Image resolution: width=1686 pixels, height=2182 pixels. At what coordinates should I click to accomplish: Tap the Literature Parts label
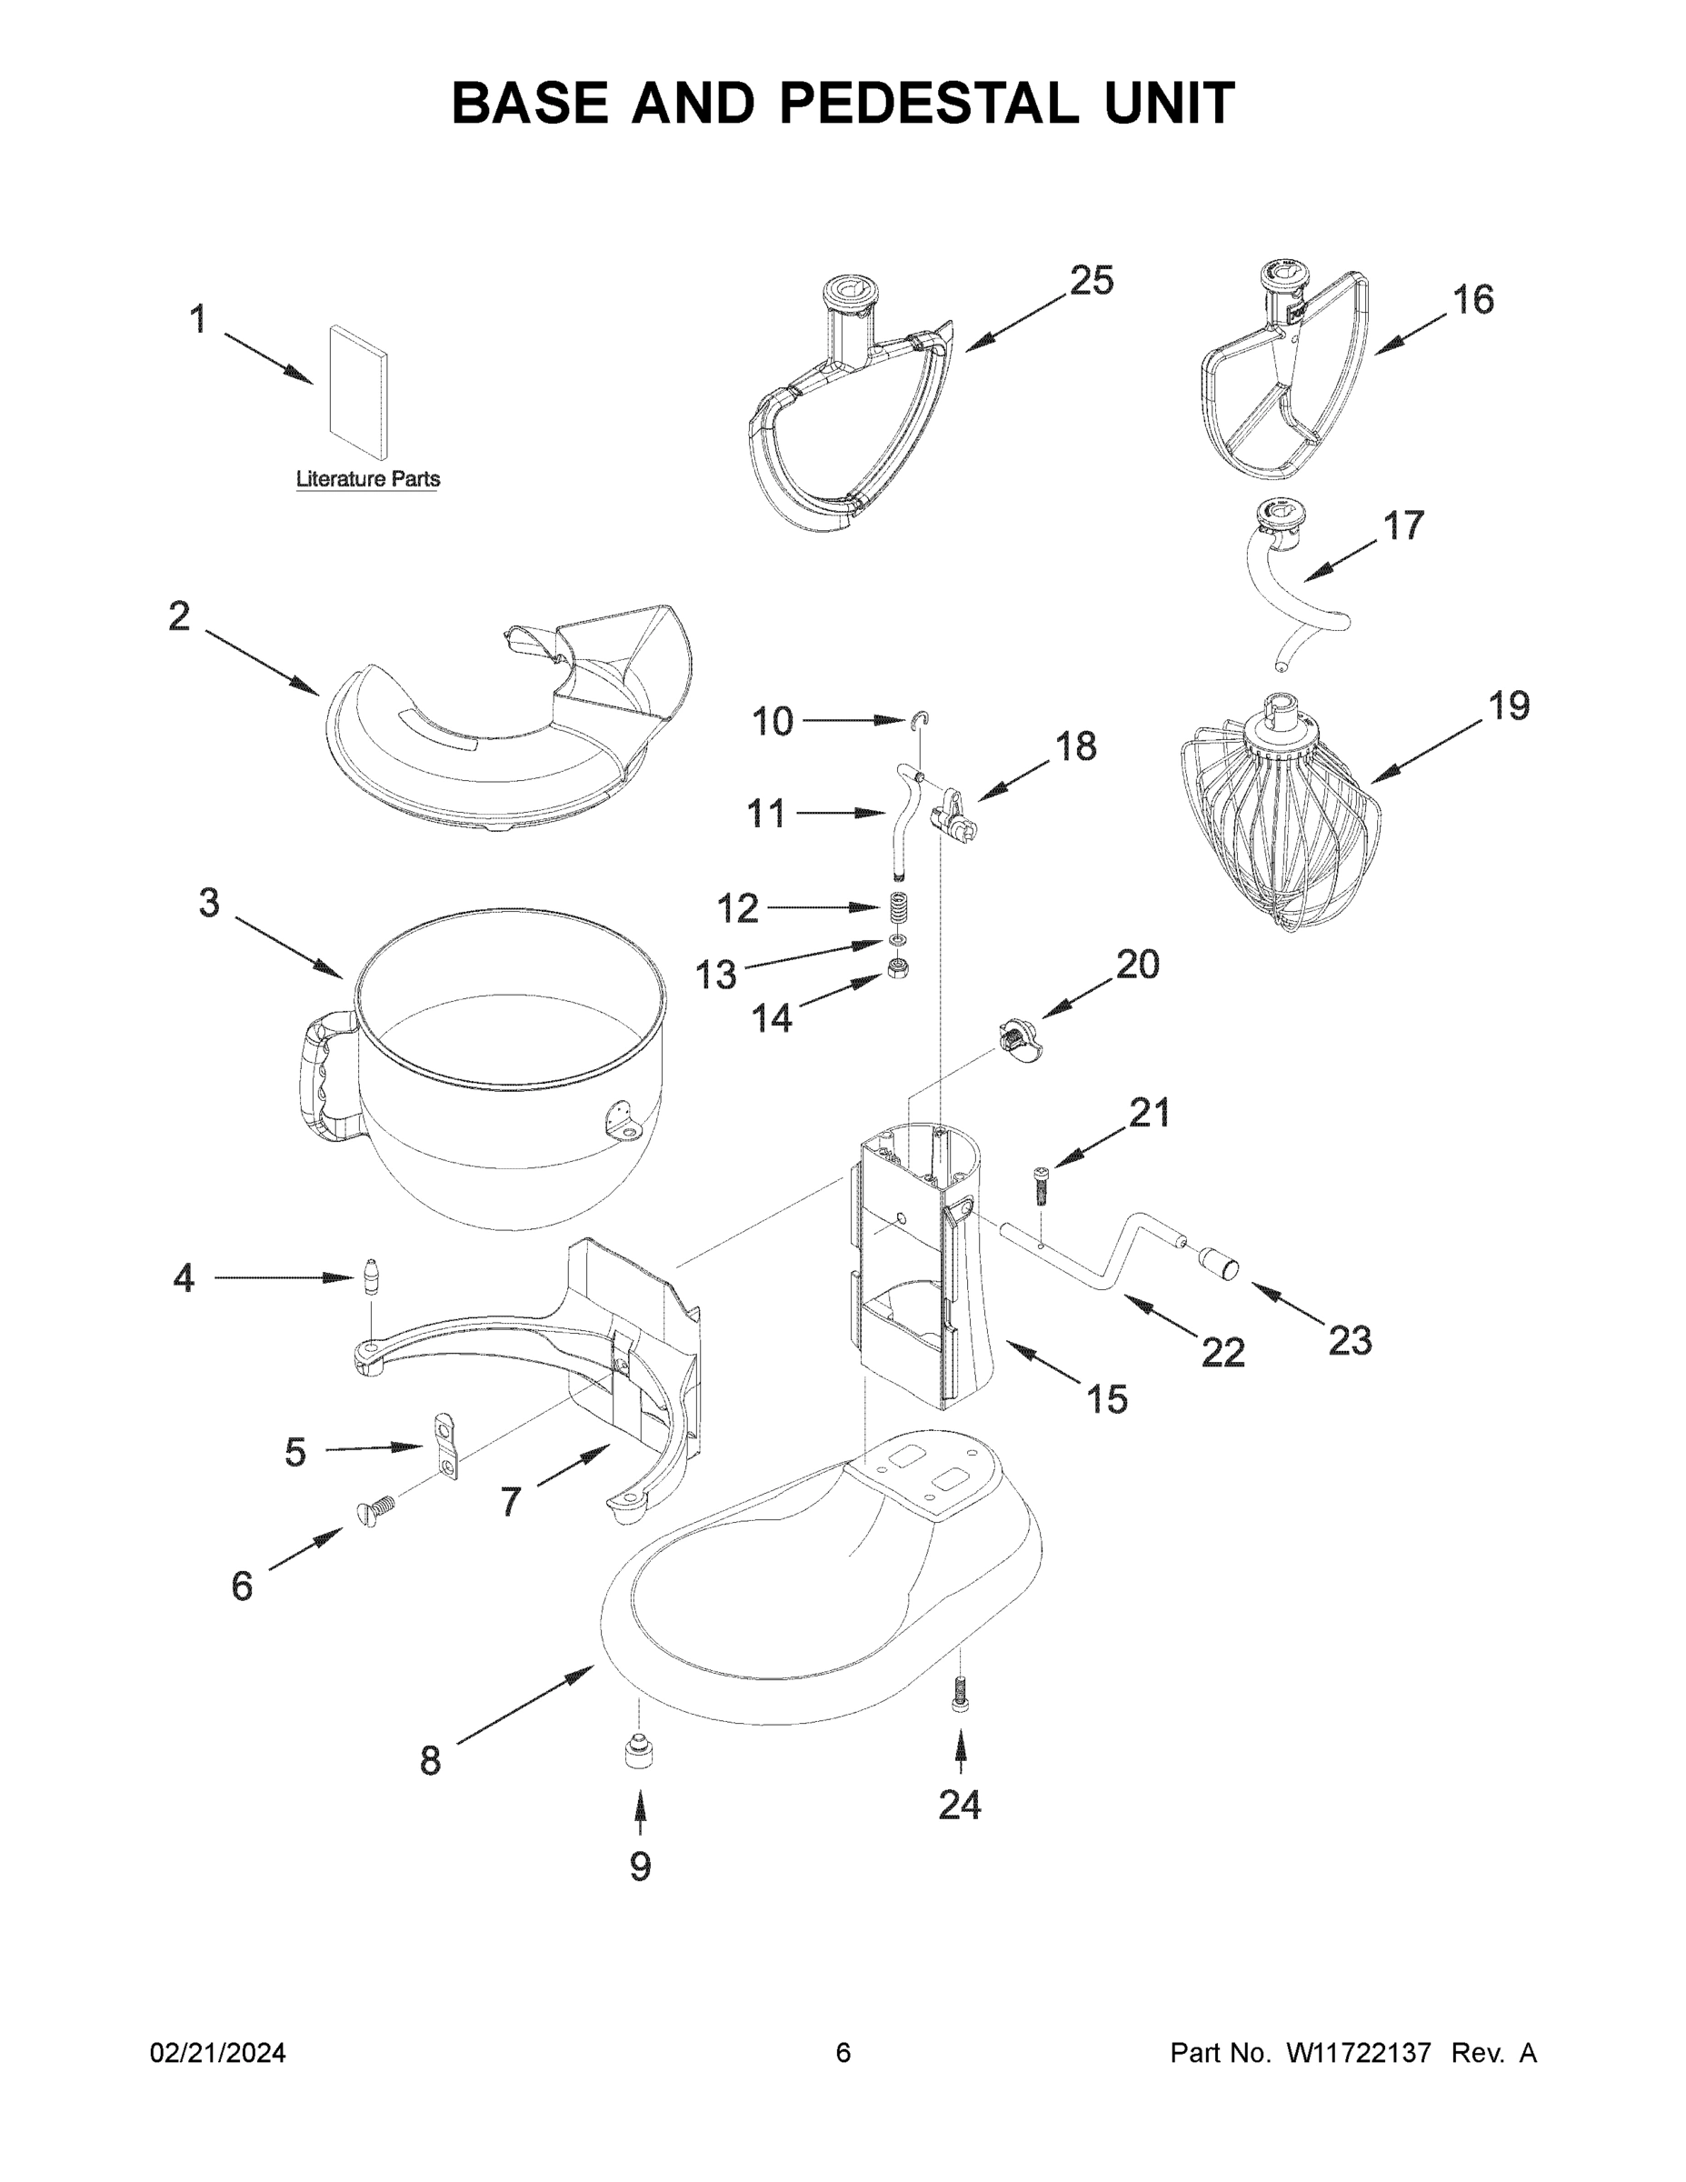coord(367,479)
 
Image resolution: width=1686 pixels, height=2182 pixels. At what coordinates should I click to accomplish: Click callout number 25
coord(1091,281)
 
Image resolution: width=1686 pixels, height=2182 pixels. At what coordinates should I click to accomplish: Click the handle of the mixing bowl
coord(322,1079)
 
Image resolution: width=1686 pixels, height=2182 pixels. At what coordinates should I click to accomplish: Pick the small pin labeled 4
coord(373,1277)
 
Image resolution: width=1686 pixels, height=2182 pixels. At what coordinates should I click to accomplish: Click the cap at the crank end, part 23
coord(1219,1262)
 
